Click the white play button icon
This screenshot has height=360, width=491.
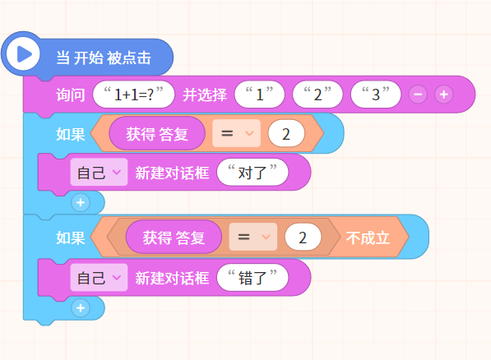coord(23,53)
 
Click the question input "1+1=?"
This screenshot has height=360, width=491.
coord(134,95)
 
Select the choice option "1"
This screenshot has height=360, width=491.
coord(260,95)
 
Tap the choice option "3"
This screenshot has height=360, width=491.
coord(376,95)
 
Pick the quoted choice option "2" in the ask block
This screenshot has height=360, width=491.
coord(317,95)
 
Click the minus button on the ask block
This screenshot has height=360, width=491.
coord(418,95)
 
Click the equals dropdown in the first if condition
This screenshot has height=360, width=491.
coord(236,133)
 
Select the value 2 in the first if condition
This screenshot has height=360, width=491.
coord(286,134)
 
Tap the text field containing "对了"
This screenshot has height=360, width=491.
coord(252,172)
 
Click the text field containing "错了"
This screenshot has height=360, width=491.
coord(252,277)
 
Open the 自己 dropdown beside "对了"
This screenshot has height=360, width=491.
coord(99,172)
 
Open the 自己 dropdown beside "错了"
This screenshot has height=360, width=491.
coord(99,277)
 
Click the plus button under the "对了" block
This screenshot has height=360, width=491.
coord(81,202)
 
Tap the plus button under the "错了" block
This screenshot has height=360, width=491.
coord(81,307)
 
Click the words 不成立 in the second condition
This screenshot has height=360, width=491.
coord(368,238)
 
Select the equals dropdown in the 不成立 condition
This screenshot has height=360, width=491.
coord(253,237)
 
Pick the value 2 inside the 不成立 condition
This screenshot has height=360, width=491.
coord(303,237)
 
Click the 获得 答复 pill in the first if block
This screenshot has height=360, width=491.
coord(157,133)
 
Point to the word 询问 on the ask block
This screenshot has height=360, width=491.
coord(71,95)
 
